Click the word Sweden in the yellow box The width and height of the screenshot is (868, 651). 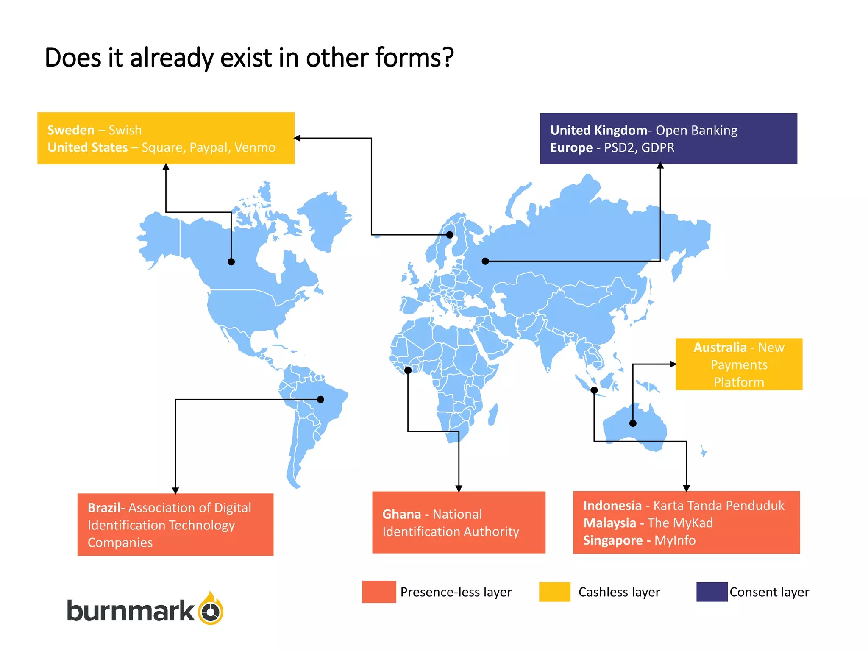[71, 130]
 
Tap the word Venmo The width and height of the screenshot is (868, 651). [255, 147]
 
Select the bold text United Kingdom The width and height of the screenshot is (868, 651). [598, 130]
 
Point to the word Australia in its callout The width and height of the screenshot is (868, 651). [720, 348]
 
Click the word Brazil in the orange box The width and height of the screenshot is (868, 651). [104, 508]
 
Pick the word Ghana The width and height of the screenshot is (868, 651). [401, 515]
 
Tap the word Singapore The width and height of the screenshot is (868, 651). [612, 540]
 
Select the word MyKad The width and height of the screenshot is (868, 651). [691, 523]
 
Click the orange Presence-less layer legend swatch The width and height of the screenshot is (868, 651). [379, 592]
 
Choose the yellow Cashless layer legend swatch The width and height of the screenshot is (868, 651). [554, 592]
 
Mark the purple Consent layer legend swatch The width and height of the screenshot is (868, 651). [712, 592]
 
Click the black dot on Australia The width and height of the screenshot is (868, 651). [633, 423]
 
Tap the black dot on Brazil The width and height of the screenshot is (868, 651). [320, 399]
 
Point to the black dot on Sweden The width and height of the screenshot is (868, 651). [450, 235]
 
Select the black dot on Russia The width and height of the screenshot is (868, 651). [485, 261]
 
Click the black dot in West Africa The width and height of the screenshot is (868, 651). [408, 370]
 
